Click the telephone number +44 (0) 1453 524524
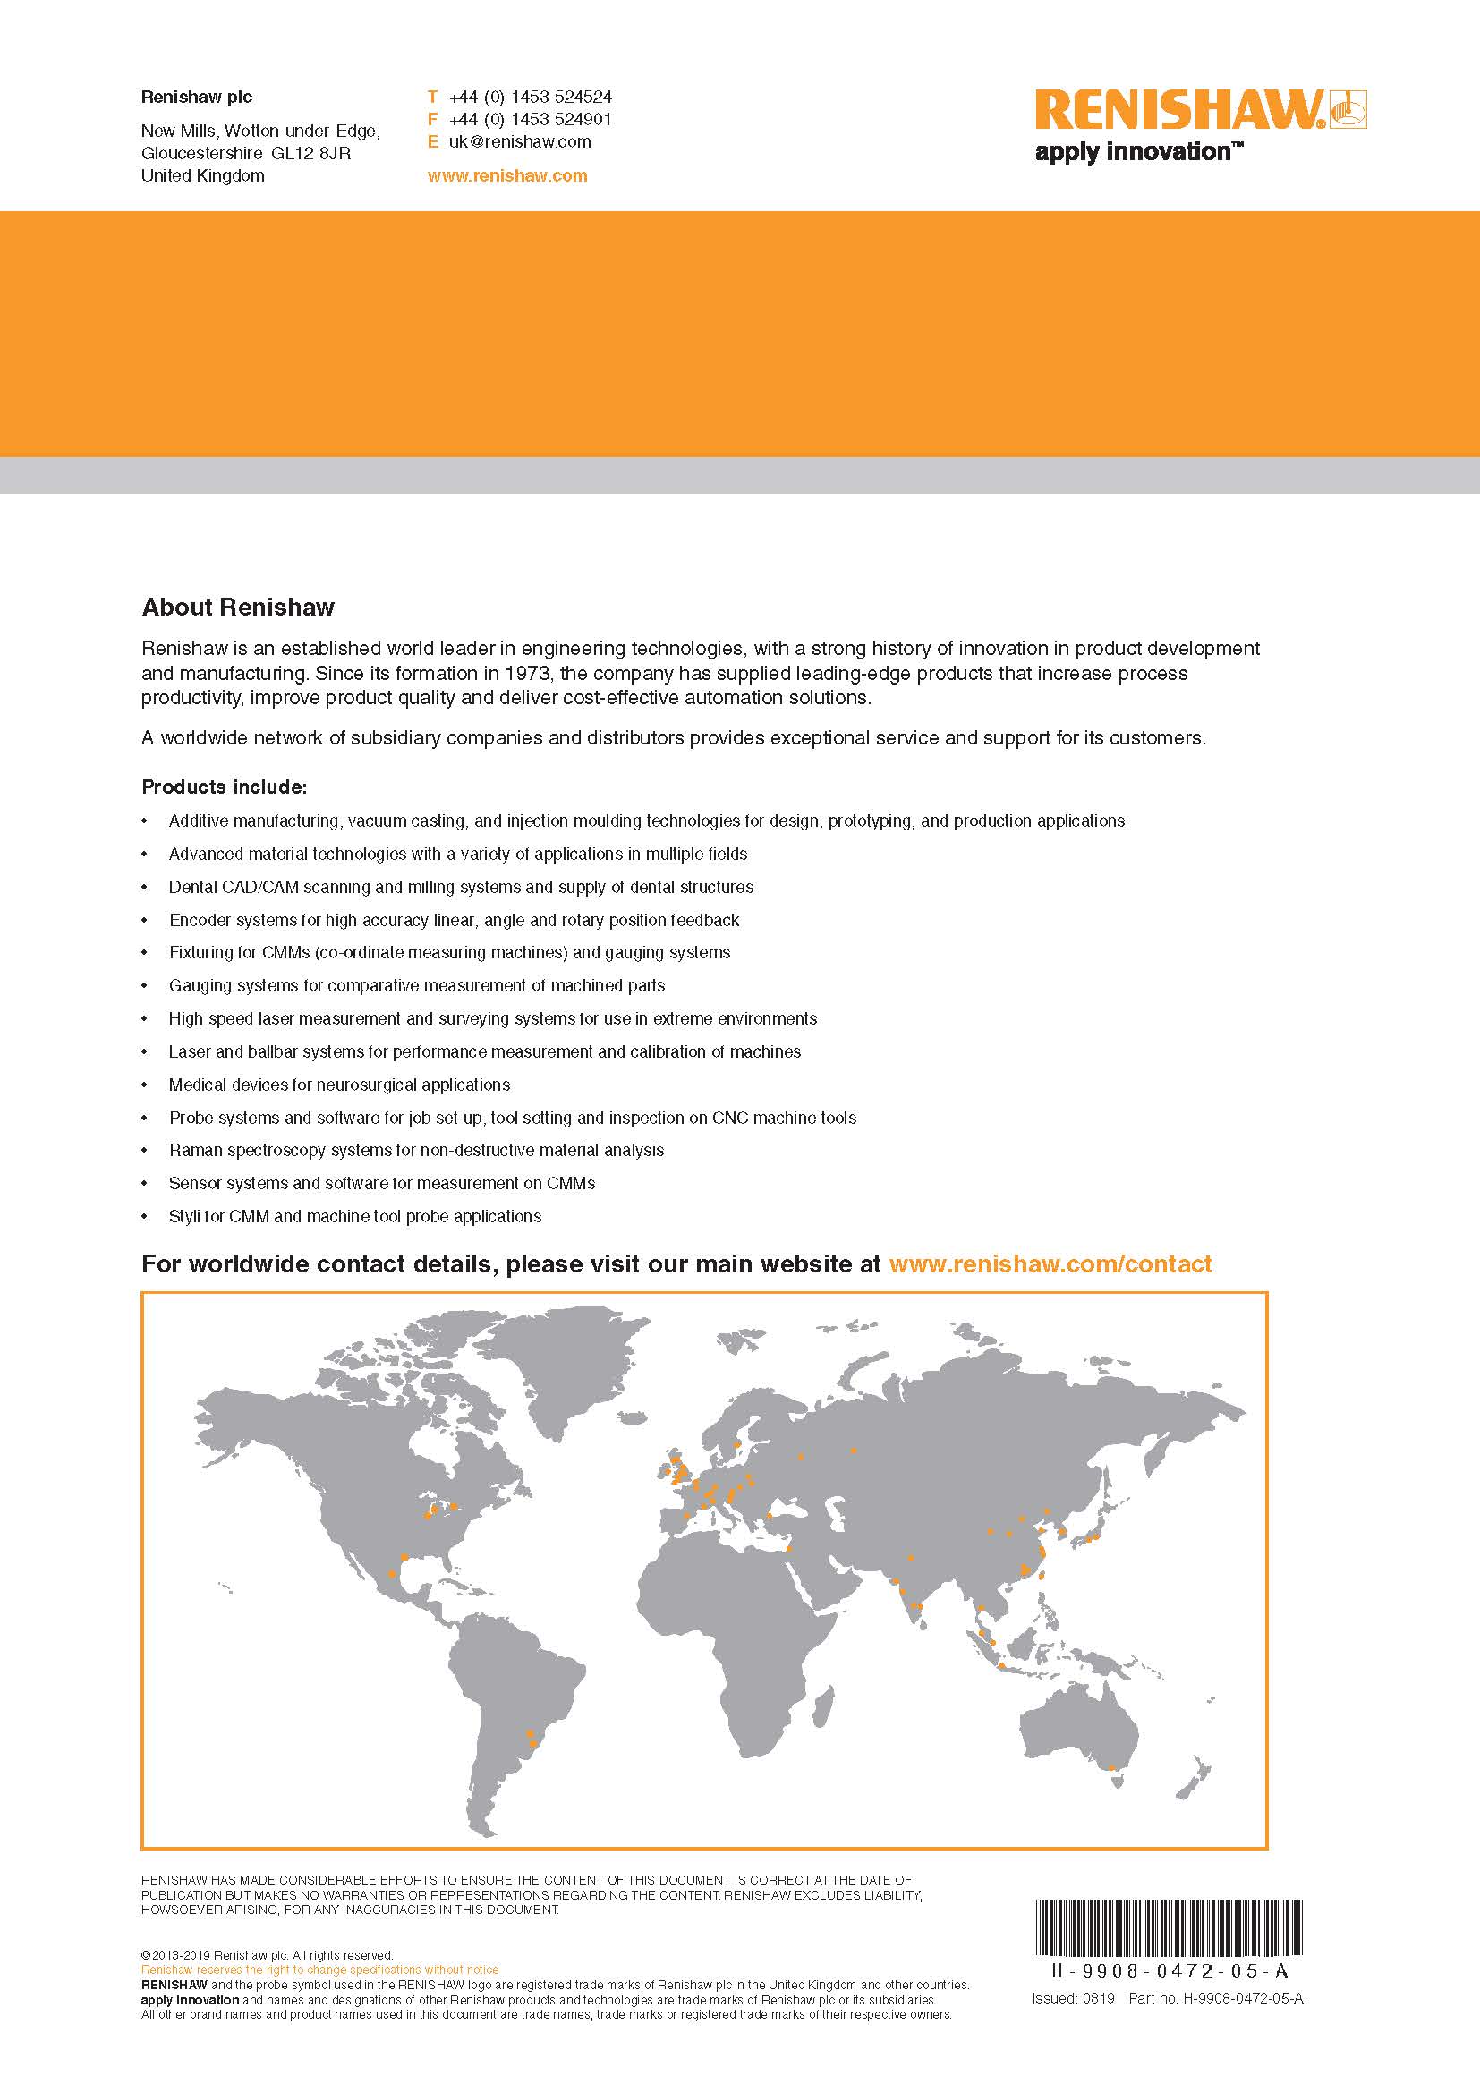coord(530,97)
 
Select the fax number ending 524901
coord(530,119)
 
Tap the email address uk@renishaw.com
coord(520,142)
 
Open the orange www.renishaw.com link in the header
coord(506,176)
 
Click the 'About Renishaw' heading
coord(238,607)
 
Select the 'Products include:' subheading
coord(225,787)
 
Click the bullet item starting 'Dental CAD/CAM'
coord(460,887)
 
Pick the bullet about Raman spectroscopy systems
coord(415,1151)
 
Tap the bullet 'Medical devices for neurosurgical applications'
coord(339,1085)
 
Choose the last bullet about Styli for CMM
coord(354,1216)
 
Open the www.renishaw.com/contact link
coord(1050,1264)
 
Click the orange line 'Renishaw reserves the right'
coord(319,1970)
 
